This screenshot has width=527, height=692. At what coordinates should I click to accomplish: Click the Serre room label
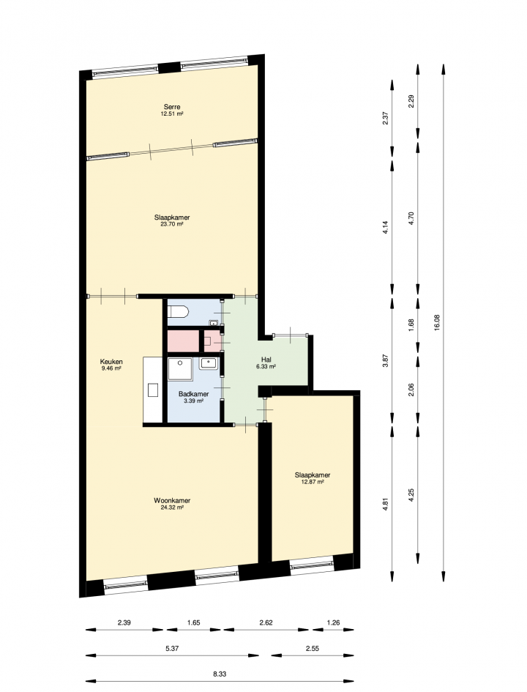point(172,107)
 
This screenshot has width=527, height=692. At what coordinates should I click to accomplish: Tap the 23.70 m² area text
point(172,224)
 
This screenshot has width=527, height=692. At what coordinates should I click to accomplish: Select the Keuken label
point(111,362)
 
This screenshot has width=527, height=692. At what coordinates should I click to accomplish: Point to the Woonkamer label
point(172,500)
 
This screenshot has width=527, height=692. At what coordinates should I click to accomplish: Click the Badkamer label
point(194,394)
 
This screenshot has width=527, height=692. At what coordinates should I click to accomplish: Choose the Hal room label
point(266,360)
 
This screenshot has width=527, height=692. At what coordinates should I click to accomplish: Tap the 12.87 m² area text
point(313,482)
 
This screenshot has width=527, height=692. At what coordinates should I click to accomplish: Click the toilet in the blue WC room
point(178,313)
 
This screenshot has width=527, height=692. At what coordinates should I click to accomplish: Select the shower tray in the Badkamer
point(180,369)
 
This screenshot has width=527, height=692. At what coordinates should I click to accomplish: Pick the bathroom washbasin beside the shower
point(208,364)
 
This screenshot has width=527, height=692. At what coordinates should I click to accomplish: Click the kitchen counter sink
point(153,390)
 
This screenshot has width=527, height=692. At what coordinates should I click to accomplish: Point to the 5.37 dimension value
point(172,648)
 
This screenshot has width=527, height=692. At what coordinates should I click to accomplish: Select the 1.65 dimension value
point(194,622)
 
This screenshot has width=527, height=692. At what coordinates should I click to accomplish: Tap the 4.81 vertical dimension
point(386,504)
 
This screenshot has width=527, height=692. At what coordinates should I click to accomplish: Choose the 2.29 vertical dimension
point(411,103)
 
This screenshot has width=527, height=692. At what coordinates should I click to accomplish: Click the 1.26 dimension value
point(333,622)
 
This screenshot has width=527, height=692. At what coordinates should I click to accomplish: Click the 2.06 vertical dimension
point(411,390)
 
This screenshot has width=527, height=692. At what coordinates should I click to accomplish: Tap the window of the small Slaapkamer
point(312,565)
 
